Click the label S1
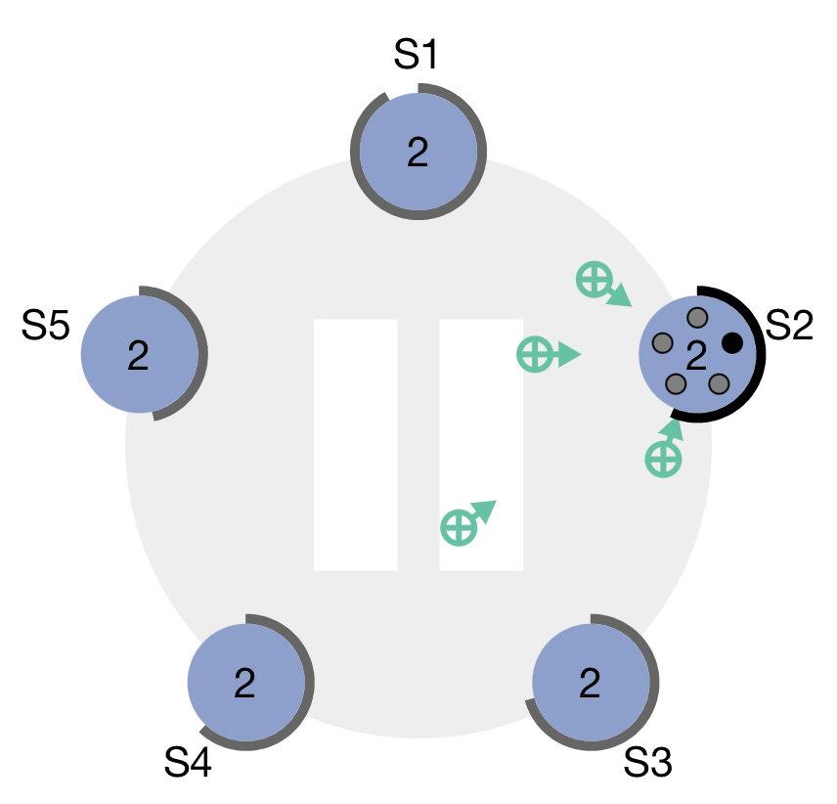click(417, 56)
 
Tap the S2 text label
click(789, 326)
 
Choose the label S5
click(45, 327)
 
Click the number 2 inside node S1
click(418, 153)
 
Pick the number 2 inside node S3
click(590, 683)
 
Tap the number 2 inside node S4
click(244, 683)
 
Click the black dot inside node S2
click(731, 342)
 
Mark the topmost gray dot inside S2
click(697, 317)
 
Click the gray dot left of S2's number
click(662, 342)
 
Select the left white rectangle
click(355, 444)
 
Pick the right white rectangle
click(481, 444)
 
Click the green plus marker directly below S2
click(662, 458)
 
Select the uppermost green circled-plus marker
click(593, 279)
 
